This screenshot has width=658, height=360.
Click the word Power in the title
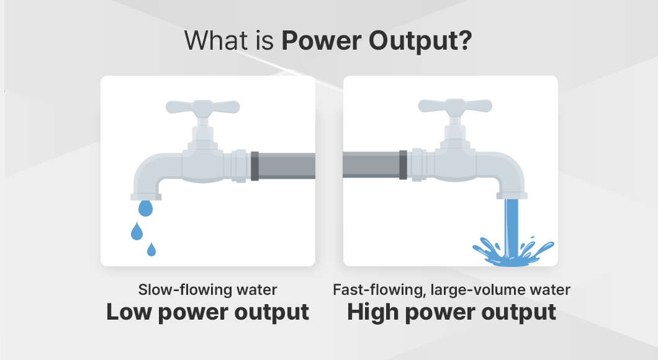[321, 41]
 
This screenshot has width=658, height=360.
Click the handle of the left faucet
[203, 108]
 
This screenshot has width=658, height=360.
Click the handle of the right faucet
[455, 107]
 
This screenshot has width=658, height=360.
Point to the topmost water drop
[145, 208]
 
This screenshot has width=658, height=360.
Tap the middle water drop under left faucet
[137, 231]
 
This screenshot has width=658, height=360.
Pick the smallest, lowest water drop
[151, 250]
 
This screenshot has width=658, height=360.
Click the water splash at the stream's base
[513, 253]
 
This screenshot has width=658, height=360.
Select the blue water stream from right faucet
[512, 227]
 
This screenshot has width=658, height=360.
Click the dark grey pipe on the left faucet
[283, 166]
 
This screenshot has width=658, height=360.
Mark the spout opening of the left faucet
[146, 197]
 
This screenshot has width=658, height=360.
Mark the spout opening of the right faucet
[512, 196]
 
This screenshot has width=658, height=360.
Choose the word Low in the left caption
[129, 312]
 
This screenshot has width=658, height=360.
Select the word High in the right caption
[372, 313]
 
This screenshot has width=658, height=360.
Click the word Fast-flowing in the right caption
[379, 290]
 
